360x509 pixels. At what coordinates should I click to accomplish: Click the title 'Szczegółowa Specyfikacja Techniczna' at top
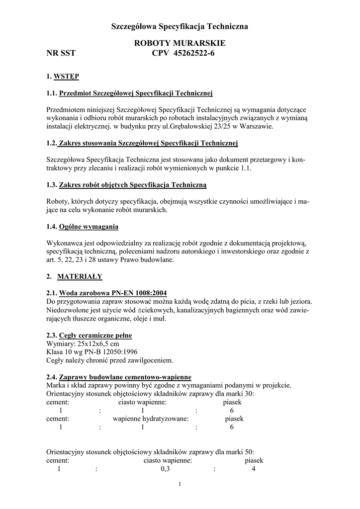point(180,25)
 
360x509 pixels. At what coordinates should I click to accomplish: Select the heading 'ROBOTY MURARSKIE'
point(180,44)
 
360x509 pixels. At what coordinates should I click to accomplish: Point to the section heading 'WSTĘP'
point(66,77)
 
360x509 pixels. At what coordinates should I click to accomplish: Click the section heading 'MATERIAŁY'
point(80,276)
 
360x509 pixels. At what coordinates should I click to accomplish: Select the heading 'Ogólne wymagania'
point(89,227)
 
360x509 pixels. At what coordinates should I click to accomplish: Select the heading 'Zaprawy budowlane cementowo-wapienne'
point(125,377)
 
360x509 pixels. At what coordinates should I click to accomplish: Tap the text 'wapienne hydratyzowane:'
point(151,419)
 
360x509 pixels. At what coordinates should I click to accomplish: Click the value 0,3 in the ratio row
point(166,469)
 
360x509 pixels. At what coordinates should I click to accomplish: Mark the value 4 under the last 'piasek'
point(254,469)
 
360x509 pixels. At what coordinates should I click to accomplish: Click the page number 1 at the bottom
point(180,485)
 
